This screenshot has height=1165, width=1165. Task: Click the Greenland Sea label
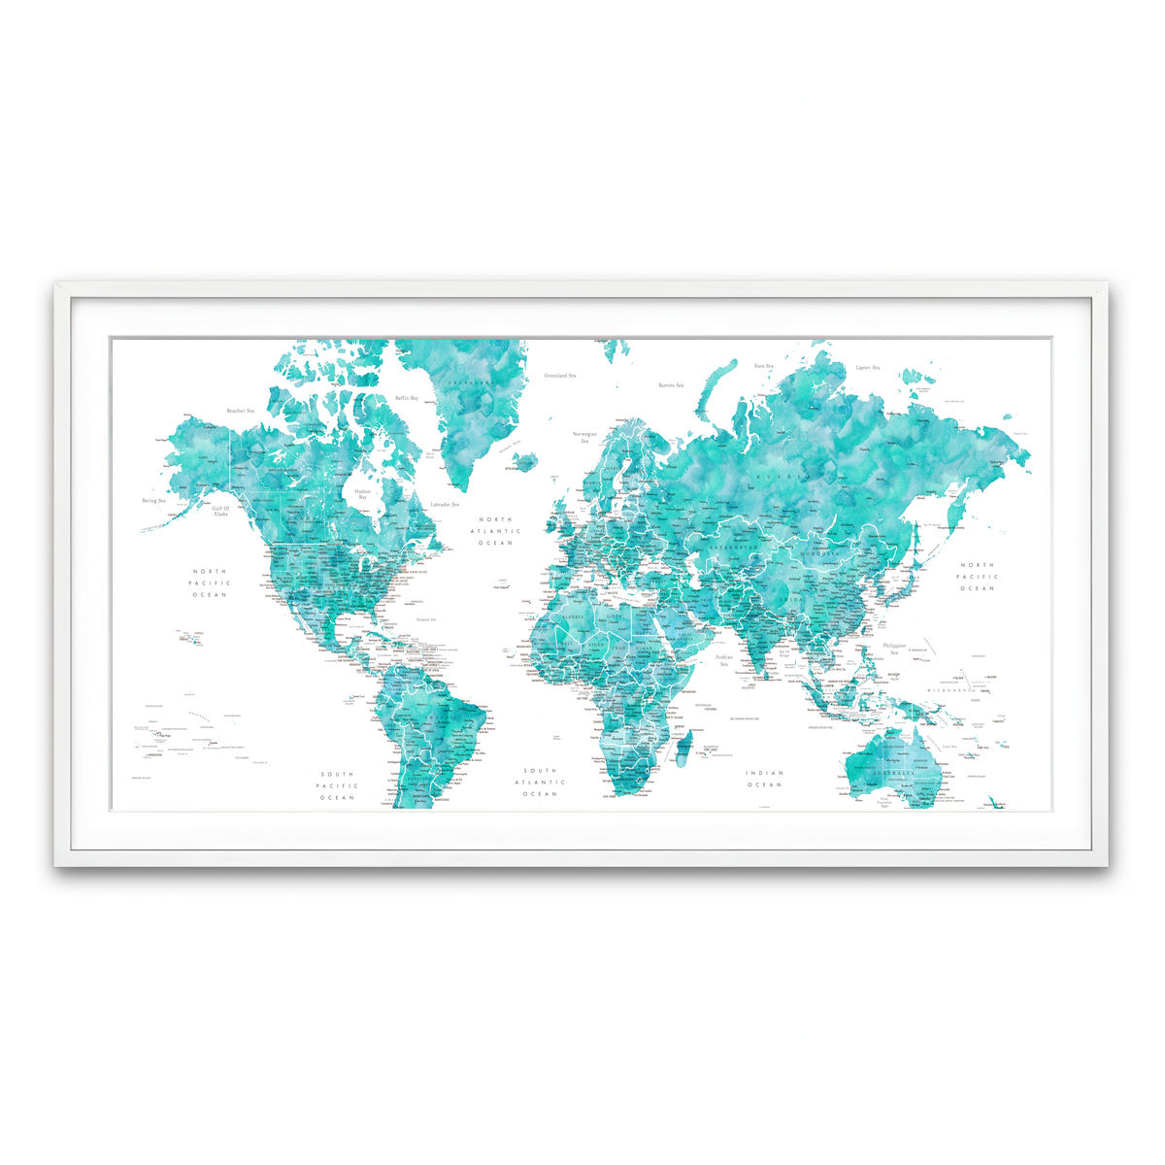click(x=560, y=375)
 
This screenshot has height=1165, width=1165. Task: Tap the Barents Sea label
click(x=671, y=385)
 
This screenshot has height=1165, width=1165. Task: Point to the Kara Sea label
click(x=764, y=366)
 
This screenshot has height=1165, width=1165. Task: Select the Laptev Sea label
click(x=868, y=368)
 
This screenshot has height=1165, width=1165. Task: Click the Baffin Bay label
click(x=407, y=398)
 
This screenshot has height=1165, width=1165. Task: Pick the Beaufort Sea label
click(x=241, y=411)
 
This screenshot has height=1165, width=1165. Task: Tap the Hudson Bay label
click(x=362, y=494)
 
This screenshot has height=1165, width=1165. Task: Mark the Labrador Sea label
click(x=445, y=504)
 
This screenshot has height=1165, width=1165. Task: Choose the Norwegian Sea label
click(x=584, y=437)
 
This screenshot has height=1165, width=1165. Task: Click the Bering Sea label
click(x=154, y=501)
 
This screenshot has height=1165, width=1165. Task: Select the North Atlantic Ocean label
click(x=495, y=531)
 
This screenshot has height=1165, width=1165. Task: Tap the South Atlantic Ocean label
click(x=540, y=782)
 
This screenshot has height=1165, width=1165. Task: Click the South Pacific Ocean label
click(x=338, y=785)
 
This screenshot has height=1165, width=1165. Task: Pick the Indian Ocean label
click(x=764, y=779)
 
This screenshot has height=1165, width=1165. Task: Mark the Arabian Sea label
click(x=724, y=660)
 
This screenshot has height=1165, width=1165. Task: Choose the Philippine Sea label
click(x=894, y=648)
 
